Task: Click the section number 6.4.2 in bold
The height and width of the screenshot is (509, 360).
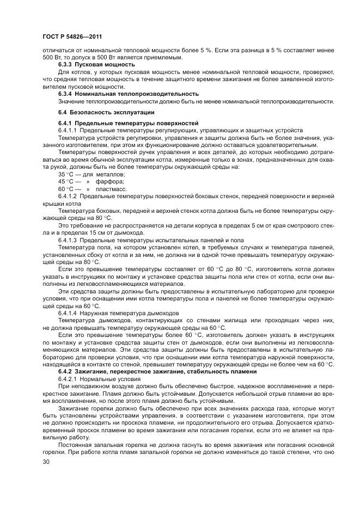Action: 65,371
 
